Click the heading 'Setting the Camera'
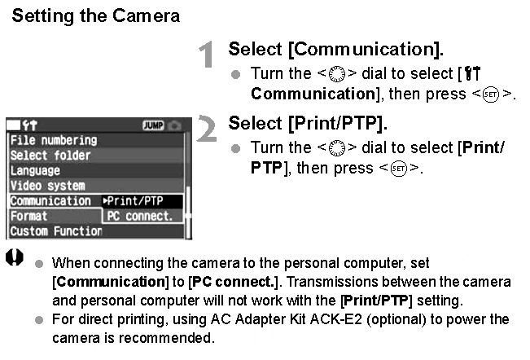[x=96, y=15]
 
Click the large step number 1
[x=208, y=55]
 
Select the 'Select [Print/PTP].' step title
[x=308, y=124]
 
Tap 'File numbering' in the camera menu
[x=54, y=140]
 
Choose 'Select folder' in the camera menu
[x=50, y=156]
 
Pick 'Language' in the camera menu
[x=35, y=171]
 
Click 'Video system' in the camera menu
[x=47, y=186]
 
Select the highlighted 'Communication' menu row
[x=50, y=201]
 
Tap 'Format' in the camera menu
[x=28, y=217]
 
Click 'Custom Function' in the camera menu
[x=56, y=231]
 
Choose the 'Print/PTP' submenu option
[x=138, y=201]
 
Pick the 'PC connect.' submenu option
[x=140, y=217]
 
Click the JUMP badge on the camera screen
[x=153, y=125]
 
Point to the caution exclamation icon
[x=15, y=258]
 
